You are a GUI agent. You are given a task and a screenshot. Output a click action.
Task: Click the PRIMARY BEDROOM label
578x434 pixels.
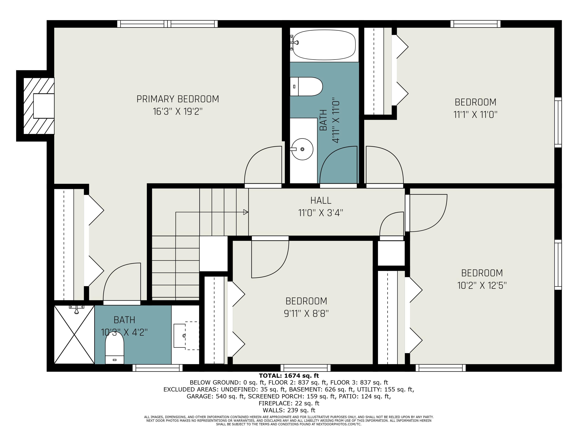178,99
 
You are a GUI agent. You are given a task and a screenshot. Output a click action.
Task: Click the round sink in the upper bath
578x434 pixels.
302,149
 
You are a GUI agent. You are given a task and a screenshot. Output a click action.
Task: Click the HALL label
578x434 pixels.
321,200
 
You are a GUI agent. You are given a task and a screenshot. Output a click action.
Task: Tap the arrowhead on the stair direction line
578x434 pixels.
245,212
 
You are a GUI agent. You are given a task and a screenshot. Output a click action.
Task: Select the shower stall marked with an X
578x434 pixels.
74,334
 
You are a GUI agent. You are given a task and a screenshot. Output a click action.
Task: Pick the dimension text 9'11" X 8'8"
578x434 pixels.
306,313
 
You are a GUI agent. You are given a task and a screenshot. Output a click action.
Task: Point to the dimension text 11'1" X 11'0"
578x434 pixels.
475,115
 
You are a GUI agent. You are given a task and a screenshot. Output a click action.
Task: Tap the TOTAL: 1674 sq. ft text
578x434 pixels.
289,376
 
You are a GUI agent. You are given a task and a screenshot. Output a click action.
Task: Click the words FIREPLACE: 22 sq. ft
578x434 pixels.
289,403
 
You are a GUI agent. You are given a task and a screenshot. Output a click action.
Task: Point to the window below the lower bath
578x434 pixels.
158,368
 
